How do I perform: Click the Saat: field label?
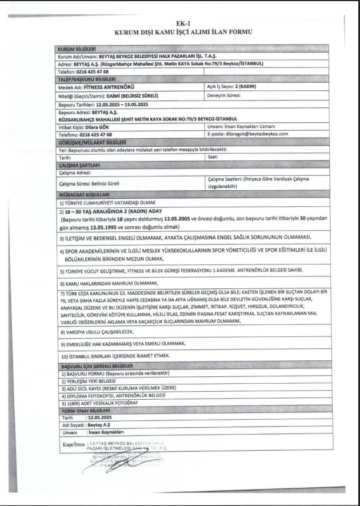tap(213, 156)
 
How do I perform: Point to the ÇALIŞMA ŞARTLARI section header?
tap(79, 164)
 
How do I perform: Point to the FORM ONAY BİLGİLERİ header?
tap(85, 411)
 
